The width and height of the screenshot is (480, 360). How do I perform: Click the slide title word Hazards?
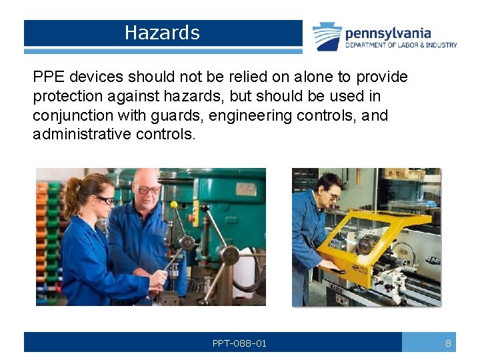(162, 33)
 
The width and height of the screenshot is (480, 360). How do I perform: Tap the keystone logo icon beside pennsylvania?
(327, 36)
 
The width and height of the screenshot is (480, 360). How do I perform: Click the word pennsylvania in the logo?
(387, 33)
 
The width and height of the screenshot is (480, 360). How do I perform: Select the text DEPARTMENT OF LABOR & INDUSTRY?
(401, 45)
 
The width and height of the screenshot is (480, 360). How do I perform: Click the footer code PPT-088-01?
(239, 343)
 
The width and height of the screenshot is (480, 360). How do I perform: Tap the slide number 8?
(448, 343)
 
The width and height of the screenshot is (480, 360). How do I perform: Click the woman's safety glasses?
(103, 199)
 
